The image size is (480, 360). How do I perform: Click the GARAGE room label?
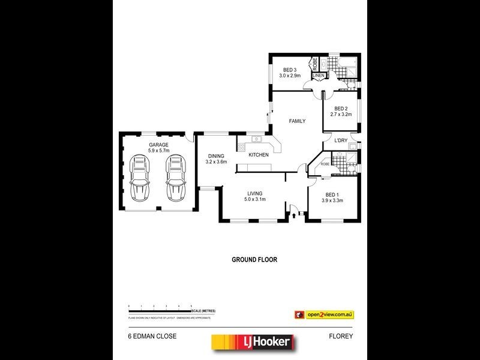pos(159,145)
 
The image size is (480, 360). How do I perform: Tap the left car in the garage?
pos(139,178)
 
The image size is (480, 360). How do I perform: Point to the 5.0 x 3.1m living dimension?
pos(255,200)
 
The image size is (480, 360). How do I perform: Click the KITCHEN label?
pos(259,155)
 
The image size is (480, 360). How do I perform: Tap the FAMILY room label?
pos(297,121)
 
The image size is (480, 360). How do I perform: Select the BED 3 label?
pos(290,70)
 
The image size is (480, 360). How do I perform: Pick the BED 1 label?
pos(332,194)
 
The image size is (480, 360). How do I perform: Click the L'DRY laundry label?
pos(341,140)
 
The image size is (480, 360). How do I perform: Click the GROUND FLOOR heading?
pos(254,260)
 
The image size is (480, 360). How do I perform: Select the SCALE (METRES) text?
pos(204,310)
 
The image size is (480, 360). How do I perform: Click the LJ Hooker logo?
pos(253,343)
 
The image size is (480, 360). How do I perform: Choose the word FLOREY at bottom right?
pos(341,337)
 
